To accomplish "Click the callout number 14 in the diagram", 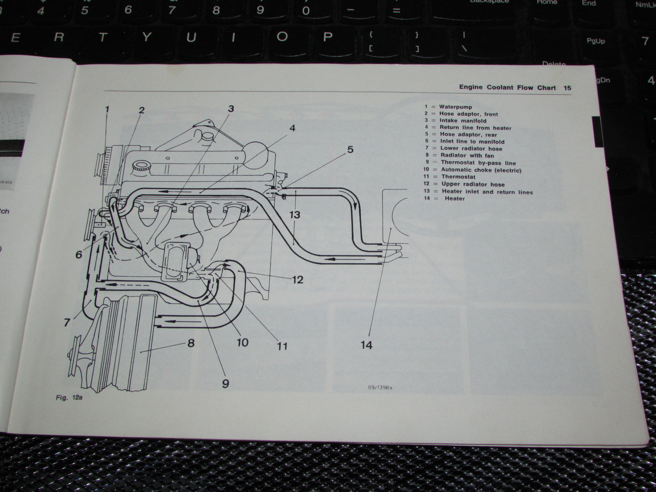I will point(367,345).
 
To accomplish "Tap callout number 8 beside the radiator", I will point(191,343).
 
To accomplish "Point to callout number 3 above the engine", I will point(231,109).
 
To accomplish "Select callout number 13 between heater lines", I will point(294,214).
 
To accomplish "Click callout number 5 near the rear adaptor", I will point(350,150).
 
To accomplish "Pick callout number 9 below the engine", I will point(225,383).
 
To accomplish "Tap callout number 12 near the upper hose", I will point(297,280).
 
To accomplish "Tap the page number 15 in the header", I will point(567,88).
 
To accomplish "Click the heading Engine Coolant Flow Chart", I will point(507,88).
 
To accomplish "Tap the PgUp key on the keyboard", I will point(595,41).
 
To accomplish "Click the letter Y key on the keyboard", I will point(146,38).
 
